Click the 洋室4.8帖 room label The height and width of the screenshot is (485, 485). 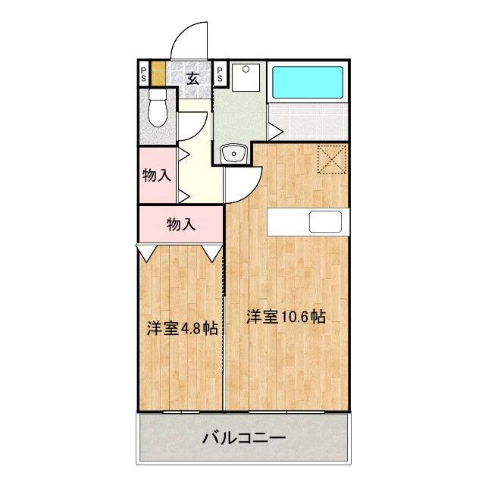182,330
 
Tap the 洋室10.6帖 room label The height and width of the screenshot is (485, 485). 286,318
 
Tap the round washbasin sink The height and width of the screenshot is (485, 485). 234,155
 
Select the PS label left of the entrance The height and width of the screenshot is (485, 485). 143,75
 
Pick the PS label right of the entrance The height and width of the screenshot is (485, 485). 220,75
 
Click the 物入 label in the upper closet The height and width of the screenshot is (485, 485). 156,176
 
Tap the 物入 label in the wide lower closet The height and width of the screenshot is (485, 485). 181,224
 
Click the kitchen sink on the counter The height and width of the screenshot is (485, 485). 324,221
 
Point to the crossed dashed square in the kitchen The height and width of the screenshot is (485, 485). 330,158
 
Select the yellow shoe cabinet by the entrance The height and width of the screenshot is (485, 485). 158,75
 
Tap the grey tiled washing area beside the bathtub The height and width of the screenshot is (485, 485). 308,120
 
